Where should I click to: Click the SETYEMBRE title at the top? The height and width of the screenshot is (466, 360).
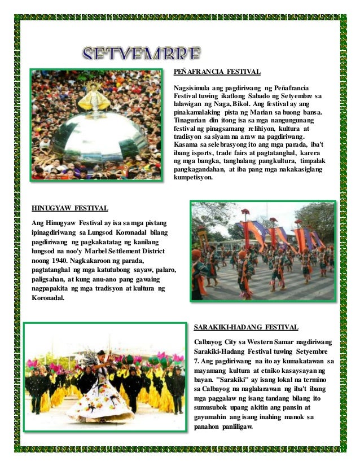(x=141, y=55)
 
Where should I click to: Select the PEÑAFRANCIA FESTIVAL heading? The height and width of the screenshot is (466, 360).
(x=216, y=73)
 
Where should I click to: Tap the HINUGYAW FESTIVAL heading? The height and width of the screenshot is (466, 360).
(x=70, y=208)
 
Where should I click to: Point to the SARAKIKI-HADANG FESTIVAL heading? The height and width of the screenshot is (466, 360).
(x=245, y=327)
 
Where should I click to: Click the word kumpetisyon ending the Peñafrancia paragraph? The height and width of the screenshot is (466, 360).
(x=193, y=177)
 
